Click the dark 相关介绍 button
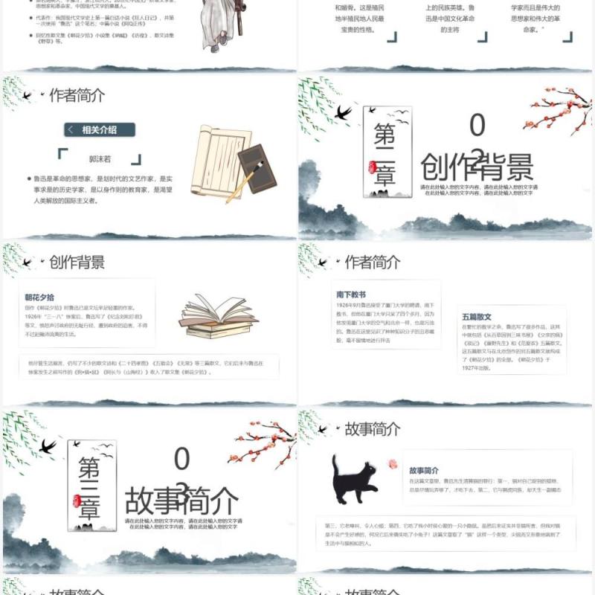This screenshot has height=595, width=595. coord(99,130)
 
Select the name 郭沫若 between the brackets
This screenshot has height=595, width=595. coord(99,158)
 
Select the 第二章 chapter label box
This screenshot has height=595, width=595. coord(387,152)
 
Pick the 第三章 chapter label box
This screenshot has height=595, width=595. coord(91,485)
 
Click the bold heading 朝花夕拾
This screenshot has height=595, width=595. coord(41,296)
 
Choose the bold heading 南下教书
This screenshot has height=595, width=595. coord(351,295)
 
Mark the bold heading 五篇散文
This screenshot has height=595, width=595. coord(477,317)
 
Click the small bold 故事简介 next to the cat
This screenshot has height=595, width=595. coord(424,471)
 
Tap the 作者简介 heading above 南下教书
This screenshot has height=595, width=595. coord(373,262)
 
